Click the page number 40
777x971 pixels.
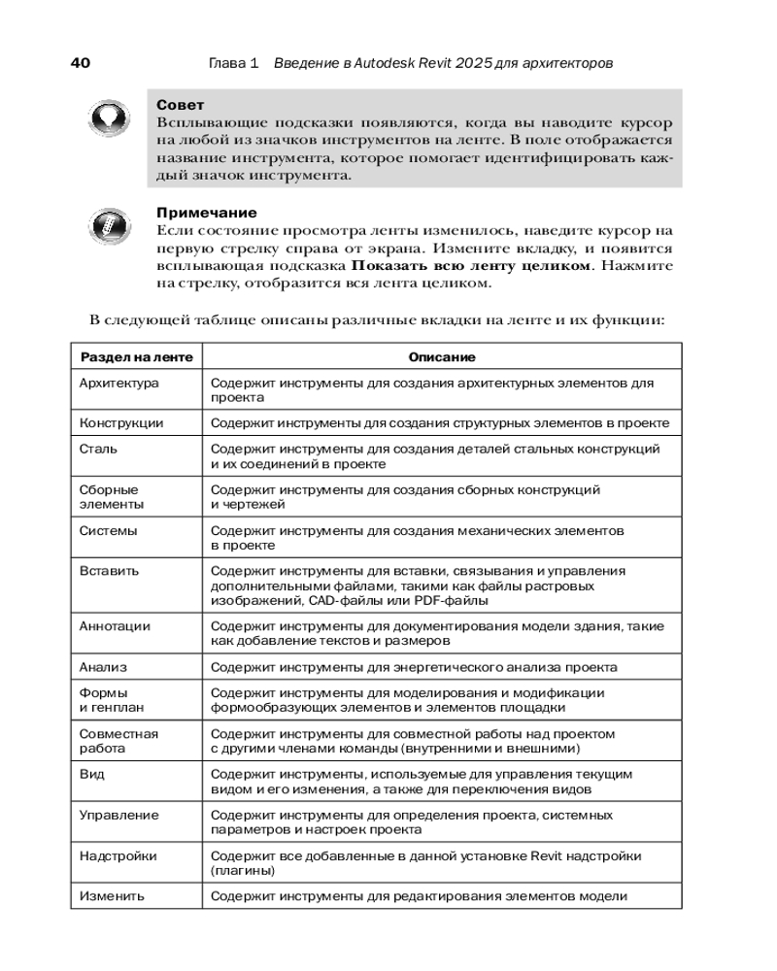pos(81,63)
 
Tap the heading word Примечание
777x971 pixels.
pos(206,213)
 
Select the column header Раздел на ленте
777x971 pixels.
pos(136,357)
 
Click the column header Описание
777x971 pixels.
pos(442,357)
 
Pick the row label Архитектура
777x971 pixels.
pos(118,384)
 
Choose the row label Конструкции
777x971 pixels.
pos(121,423)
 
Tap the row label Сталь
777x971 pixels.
pos(99,450)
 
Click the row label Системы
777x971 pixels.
pos(108,531)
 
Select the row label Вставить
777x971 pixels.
pos(109,571)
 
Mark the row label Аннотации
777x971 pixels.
pos(115,626)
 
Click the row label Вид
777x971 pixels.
pos(92,774)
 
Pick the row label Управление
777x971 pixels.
pos(118,815)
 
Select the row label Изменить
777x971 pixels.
pos(112,896)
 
